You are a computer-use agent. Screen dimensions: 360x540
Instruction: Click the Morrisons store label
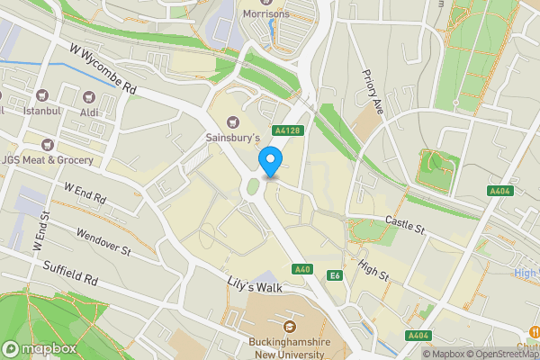(266, 15)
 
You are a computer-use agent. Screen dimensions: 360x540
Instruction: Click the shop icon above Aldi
(88, 96)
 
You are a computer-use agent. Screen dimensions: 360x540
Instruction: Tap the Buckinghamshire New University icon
(290, 326)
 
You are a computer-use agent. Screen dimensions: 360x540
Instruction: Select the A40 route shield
(302, 270)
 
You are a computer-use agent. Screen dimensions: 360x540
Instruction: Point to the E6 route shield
(335, 275)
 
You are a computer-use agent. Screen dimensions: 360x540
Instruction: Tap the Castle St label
(404, 224)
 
